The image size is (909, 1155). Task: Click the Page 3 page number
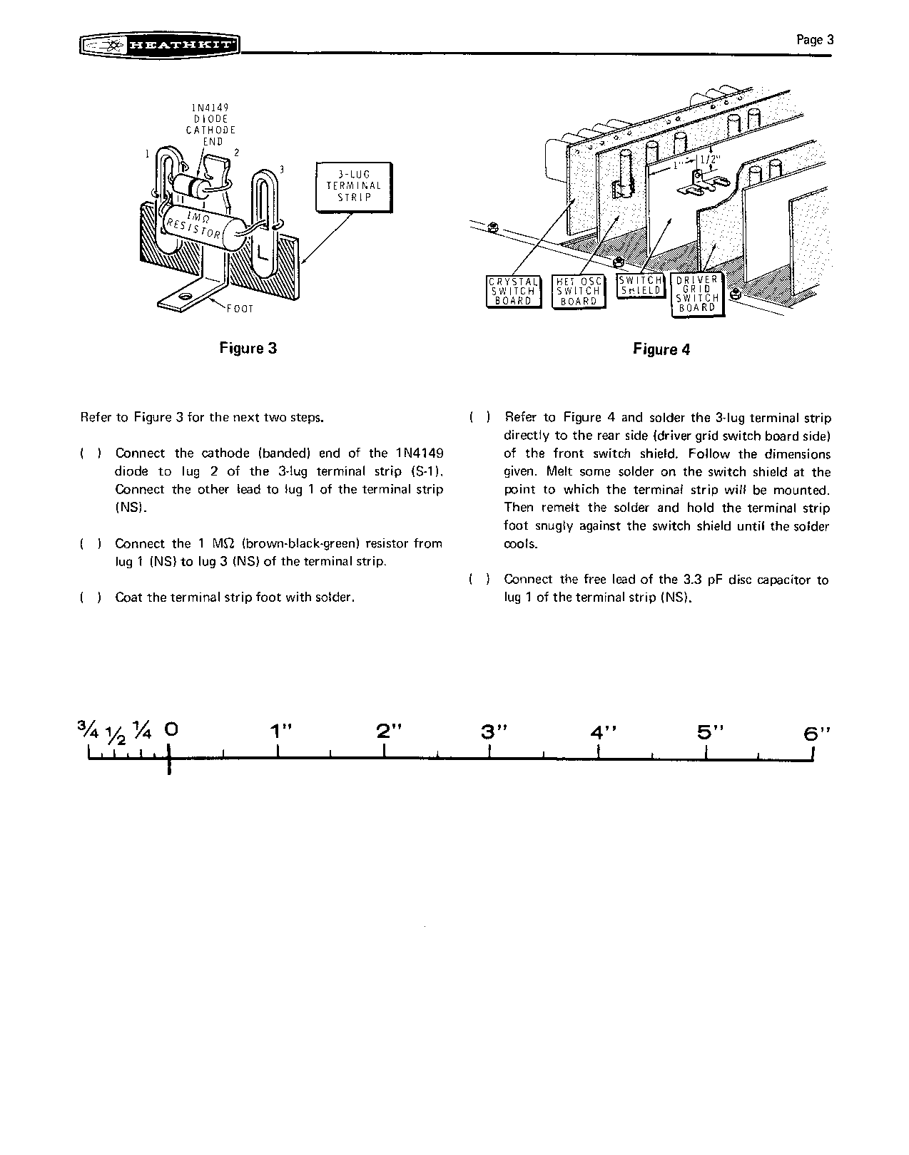[815, 40]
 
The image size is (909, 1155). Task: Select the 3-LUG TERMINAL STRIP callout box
[354, 186]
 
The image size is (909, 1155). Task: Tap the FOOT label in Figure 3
[240, 309]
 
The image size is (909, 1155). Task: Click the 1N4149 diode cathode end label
[210, 125]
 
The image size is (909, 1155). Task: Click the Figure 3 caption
[248, 348]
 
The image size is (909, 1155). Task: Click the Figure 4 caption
[661, 349]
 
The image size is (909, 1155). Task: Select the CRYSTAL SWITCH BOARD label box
[513, 292]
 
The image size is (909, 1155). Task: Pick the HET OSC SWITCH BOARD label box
[579, 292]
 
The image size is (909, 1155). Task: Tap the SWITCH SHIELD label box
[640, 286]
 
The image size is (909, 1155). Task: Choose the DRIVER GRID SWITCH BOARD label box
[697, 294]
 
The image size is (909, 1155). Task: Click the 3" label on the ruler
[490, 731]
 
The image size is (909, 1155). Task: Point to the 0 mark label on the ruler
[171, 729]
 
